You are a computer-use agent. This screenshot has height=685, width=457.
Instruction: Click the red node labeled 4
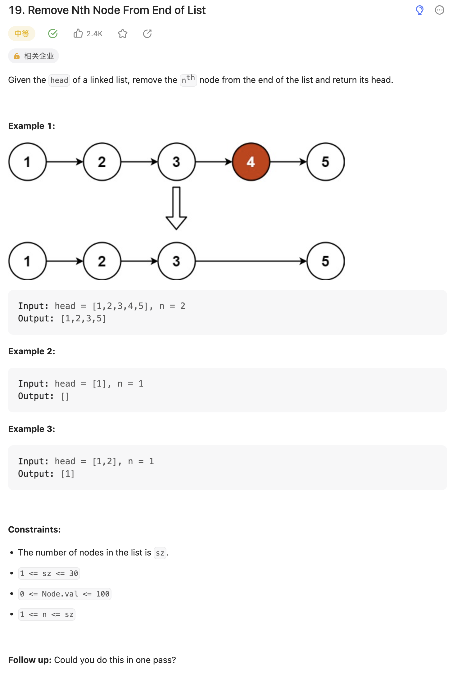(251, 162)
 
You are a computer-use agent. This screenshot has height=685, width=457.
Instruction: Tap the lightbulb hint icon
(419, 10)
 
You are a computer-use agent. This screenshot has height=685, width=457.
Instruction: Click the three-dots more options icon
(439, 10)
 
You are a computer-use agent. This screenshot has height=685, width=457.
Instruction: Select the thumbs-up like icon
(78, 33)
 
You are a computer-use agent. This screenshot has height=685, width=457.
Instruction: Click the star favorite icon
(123, 34)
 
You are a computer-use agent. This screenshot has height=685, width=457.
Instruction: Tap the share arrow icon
(147, 34)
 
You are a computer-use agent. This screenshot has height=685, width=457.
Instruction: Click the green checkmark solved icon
(53, 34)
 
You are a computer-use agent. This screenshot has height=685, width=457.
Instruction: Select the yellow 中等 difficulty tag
(22, 34)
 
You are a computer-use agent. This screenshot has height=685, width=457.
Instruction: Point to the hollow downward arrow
(176, 208)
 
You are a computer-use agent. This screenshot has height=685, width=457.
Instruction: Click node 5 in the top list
(325, 162)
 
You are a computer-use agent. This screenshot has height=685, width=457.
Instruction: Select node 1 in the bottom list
(27, 261)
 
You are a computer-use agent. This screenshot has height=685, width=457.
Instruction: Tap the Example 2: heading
(32, 351)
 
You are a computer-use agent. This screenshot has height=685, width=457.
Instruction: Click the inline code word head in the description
(59, 80)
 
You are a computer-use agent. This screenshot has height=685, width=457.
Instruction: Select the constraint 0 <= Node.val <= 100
(65, 594)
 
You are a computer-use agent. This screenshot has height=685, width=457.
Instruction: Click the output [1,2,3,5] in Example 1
(84, 319)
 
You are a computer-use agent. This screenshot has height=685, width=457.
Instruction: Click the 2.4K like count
(94, 34)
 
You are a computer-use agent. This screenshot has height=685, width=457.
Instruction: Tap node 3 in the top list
(176, 162)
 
